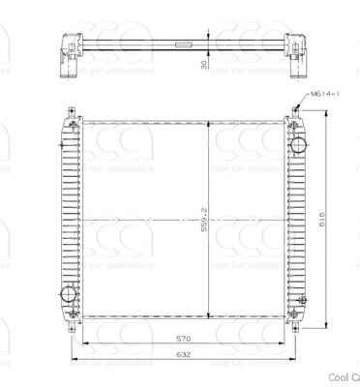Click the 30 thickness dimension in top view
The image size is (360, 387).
[x=204, y=66]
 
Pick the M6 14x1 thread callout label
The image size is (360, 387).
[x=326, y=94]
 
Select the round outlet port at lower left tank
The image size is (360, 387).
[x=68, y=295]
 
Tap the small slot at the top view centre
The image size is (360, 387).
[x=182, y=44]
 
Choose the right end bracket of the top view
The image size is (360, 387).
[x=294, y=53]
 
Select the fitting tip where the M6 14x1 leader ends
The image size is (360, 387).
[x=295, y=108]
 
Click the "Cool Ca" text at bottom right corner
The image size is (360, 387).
[x=344, y=377]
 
